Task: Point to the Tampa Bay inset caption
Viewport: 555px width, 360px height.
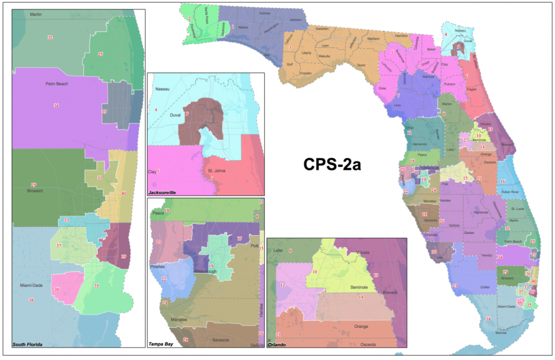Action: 161,344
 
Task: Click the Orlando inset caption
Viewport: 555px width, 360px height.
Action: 277,344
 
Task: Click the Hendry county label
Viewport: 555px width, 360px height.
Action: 486,255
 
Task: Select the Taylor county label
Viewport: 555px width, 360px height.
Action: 361,65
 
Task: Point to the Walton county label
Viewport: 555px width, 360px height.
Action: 242,28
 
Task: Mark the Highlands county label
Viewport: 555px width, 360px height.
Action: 481,212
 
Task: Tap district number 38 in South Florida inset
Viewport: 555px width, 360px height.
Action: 31,300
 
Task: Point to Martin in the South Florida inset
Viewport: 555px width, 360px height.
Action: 37,14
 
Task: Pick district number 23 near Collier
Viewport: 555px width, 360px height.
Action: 455,286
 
